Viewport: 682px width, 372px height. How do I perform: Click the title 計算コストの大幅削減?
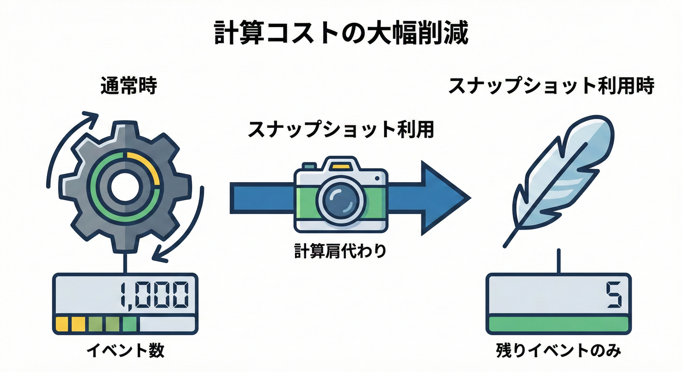[x=341, y=33]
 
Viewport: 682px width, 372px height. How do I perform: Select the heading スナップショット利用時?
[x=551, y=87]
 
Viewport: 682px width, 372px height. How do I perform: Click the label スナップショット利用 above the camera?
[x=341, y=130]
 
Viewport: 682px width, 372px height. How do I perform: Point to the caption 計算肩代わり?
[x=341, y=251]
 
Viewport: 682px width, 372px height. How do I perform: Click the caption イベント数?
[x=125, y=351]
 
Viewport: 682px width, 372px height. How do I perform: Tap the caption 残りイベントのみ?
[x=558, y=351]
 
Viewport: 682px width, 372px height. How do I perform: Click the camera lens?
[x=341, y=199]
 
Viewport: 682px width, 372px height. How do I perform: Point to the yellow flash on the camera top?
[x=341, y=166]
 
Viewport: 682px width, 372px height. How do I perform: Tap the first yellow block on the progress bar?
[x=62, y=324]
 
